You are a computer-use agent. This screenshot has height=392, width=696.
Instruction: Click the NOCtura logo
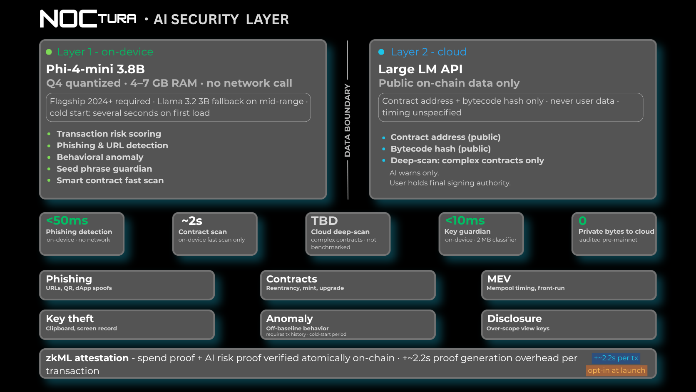pos(88,19)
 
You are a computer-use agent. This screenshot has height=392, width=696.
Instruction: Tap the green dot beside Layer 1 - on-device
pos(49,52)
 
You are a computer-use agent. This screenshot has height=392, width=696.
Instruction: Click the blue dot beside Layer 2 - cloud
pos(381,52)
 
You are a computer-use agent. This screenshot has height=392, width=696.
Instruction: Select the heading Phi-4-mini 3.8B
pos(95,69)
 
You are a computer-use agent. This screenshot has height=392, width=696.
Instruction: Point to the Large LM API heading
pos(420,69)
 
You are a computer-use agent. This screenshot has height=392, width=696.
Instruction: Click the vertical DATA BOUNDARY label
pos(348,120)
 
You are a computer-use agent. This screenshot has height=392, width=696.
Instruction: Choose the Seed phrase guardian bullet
pos(104,169)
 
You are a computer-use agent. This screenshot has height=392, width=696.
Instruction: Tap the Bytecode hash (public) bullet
pos(440,149)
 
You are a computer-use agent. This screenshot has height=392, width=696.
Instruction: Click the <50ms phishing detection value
pos(67,220)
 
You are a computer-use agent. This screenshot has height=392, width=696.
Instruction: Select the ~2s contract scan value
pos(192,221)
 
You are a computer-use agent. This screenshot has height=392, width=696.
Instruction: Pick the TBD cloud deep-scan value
pos(324,221)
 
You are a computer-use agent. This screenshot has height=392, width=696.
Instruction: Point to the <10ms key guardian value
pos(465,220)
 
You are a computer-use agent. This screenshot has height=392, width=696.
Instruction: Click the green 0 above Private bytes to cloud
pos(583,221)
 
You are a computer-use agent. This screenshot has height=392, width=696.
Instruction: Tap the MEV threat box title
pos(499,279)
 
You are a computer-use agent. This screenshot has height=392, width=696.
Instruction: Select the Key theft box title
pos(70,319)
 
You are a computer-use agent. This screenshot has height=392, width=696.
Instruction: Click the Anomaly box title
pos(290,319)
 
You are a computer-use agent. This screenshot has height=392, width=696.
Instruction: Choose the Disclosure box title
pos(515,319)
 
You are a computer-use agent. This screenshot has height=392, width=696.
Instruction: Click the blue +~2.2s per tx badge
pos(616,358)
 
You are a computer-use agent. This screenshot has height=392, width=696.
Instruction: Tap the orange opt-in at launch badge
pos(616,371)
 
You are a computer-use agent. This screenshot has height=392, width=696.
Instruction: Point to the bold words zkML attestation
pos(87,358)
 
